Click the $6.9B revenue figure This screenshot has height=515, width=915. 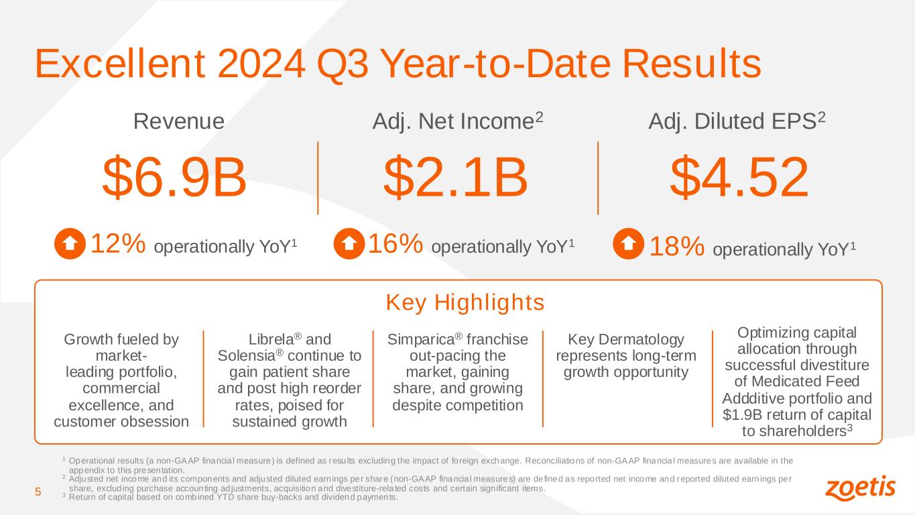[174, 178]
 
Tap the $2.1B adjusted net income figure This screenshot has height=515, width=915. [455, 178]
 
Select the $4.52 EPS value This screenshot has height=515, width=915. [739, 178]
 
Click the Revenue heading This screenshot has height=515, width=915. [179, 121]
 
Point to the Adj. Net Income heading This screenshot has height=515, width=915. [457, 121]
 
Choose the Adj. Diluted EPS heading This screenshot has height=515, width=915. [737, 121]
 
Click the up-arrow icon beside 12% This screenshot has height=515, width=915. [70, 243]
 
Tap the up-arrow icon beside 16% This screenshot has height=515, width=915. [349, 243]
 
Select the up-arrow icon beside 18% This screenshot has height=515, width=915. [628, 243]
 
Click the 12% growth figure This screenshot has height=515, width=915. [118, 243]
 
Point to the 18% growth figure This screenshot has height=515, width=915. [677, 246]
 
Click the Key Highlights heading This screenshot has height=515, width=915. [465, 302]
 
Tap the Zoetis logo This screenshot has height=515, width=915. [860, 488]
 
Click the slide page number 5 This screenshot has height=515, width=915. [38, 492]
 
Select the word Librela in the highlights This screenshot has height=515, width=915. [271, 340]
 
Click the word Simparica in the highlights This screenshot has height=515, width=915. [421, 340]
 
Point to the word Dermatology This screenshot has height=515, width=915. [642, 340]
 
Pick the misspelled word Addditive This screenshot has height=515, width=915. [752, 398]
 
